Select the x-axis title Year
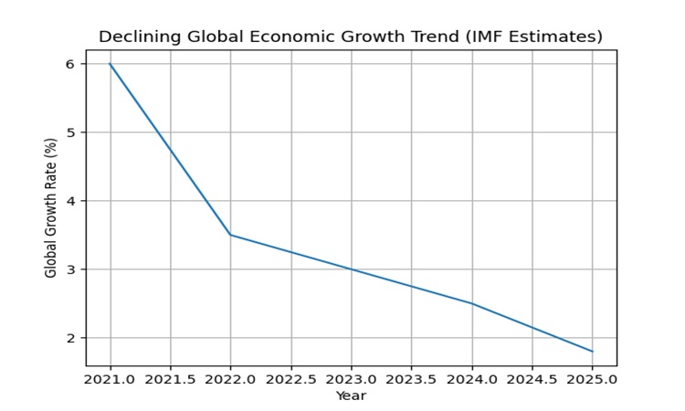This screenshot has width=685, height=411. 351,395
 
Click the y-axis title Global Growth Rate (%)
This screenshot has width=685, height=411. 51,207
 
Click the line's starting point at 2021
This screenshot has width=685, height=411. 111,64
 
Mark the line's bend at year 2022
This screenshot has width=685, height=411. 230,235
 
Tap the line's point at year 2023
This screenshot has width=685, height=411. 351,269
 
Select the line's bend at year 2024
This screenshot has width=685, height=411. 471,303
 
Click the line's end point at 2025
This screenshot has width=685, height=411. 592,352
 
